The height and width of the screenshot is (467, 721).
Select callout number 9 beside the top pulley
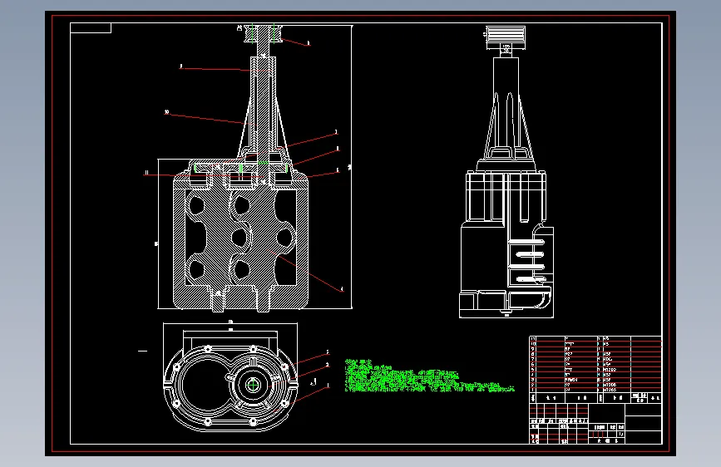click(x=309, y=42)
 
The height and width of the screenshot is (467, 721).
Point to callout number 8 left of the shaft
click(x=181, y=66)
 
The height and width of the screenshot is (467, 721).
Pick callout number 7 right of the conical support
click(x=336, y=131)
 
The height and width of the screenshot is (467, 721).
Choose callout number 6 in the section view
click(x=337, y=150)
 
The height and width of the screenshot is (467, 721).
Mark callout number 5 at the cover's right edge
click(x=337, y=170)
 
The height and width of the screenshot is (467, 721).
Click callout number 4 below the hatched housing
click(x=341, y=289)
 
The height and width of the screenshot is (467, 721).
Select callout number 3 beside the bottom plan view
click(x=328, y=352)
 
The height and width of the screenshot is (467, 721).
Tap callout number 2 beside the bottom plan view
click(x=328, y=365)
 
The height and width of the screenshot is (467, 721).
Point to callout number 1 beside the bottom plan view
click(x=328, y=385)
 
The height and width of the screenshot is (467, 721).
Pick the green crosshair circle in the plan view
click(x=254, y=385)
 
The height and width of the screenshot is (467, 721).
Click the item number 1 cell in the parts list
click(x=534, y=391)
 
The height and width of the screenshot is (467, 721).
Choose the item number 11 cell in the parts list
click(x=534, y=339)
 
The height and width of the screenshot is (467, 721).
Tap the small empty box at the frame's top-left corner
click(x=91, y=28)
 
